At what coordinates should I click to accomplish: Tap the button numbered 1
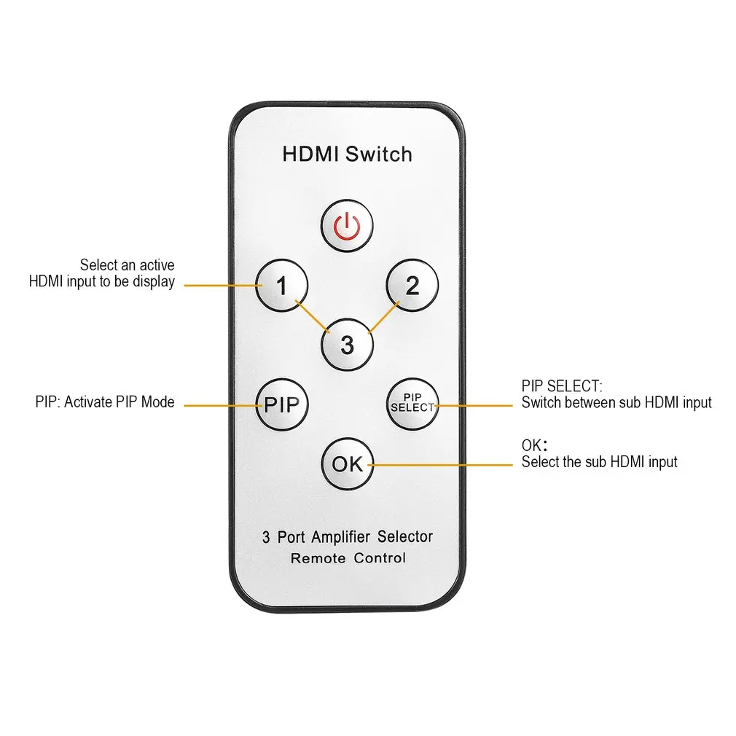click(282, 285)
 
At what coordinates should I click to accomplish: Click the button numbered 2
click(412, 285)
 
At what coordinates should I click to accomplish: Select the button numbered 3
click(347, 344)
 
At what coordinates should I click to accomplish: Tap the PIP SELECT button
click(412, 404)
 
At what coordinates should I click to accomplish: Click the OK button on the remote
click(347, 463)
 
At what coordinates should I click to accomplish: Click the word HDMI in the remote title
click(311, 154)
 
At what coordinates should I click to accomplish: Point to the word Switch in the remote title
click(379, 154)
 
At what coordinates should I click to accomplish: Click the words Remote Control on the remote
click(348, 558)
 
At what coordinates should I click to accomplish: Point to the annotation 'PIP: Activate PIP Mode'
click(105, 402)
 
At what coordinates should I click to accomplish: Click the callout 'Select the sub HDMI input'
click(599, 462)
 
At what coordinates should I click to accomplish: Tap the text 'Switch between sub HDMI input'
click(616, 402)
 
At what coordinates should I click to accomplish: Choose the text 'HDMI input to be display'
click(102, 282)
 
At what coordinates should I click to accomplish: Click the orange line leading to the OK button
click(445, 465)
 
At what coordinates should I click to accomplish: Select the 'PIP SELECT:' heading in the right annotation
click(562, 386)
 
